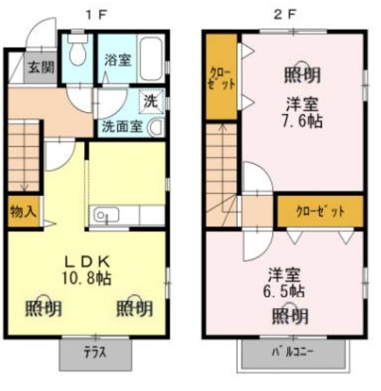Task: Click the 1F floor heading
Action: [96, 14]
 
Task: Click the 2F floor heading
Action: [285, 14]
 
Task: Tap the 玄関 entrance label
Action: [40, 67]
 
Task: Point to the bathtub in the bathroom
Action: [152, 59]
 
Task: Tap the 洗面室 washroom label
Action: [122, 127]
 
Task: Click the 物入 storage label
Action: [22, 212]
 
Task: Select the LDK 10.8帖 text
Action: [86, 270]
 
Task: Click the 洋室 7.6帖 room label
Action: [304, 112]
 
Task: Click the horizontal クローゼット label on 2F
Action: [320, 212]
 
